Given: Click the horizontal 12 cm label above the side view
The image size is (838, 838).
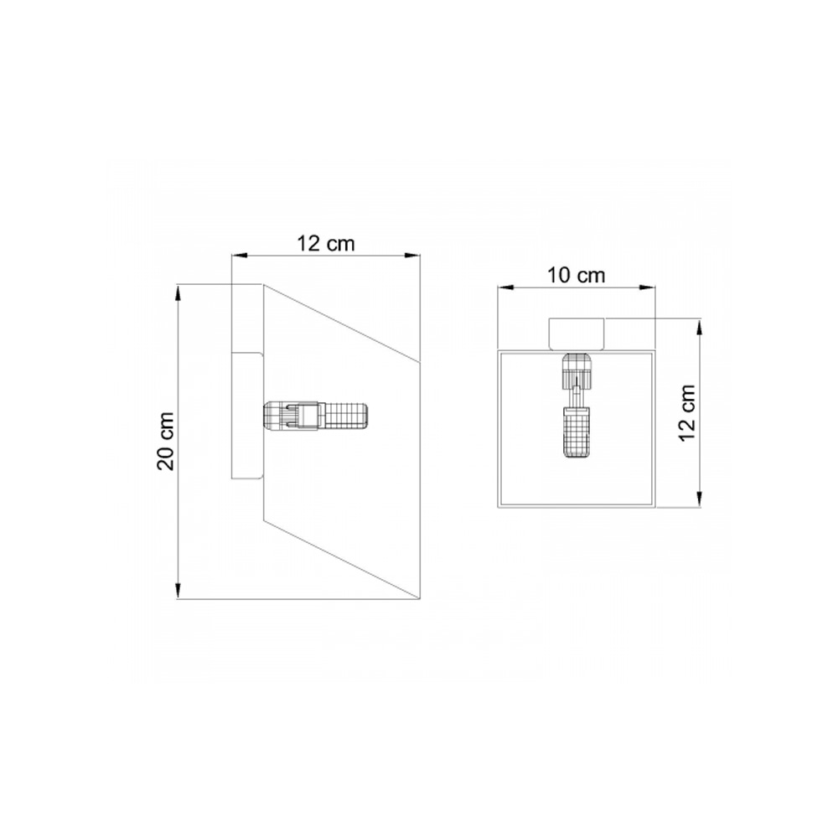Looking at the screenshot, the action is click(325, 244).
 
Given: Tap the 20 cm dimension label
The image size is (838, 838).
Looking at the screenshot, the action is click(166, 442).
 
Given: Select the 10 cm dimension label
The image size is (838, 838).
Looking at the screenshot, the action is click(577, 276).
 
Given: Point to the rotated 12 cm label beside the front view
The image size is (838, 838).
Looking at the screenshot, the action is click(688, 412).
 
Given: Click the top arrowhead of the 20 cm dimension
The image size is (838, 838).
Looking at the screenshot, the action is click(178, 292).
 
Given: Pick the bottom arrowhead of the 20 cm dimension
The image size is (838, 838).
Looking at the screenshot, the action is click(178, 591).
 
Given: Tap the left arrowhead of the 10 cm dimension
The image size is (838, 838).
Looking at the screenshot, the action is click(505, 287).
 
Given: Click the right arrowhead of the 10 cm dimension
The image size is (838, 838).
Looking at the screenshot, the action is click(647, 287).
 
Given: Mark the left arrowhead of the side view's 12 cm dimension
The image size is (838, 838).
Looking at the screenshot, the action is click(240, 256).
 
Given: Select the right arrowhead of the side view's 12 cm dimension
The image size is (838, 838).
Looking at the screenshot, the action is click(412, 256).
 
